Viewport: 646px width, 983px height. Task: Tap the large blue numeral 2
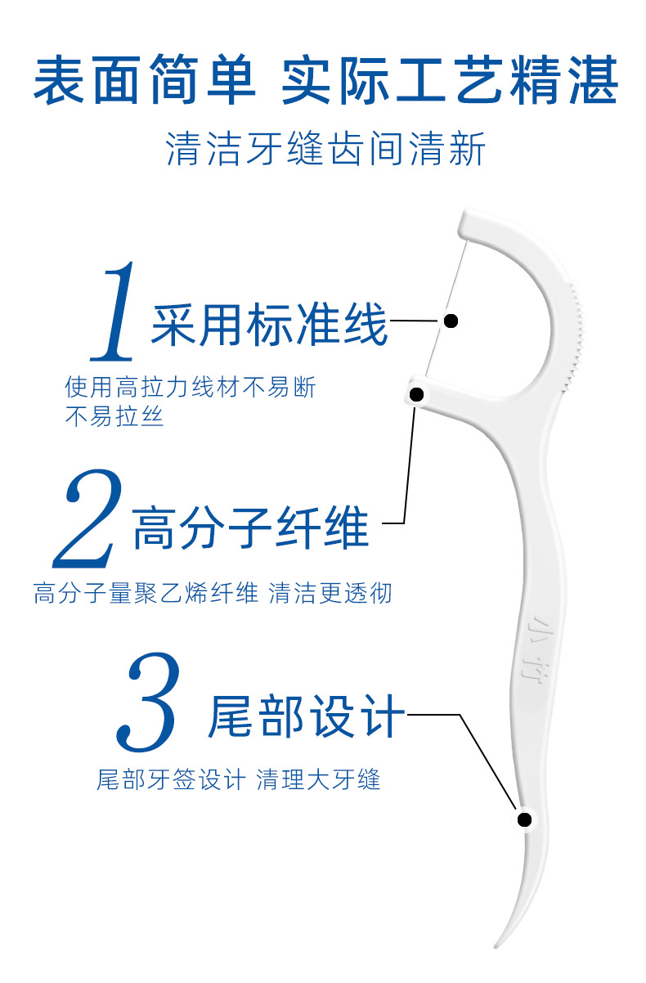click(x=88, y=519)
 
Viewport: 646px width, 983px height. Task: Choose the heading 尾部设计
click(x=306, y=716)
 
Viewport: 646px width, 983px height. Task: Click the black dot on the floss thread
click(x=450, y=321)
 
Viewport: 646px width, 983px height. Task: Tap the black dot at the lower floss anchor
click(x=416, y=395)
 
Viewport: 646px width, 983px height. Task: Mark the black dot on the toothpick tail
click(x=524, y=819)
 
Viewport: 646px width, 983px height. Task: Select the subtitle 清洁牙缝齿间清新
click(x=325, y=150)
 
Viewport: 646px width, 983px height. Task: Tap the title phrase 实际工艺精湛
click(x=449, y=83)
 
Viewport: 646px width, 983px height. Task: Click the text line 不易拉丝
click(x=114, y=416)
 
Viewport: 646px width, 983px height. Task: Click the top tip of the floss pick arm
click(x=468, y=219)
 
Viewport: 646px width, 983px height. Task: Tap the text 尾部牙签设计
click(x=170, y=779)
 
